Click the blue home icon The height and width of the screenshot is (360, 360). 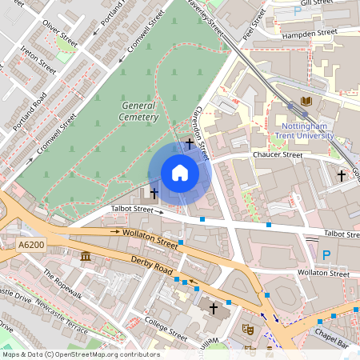click(180, 173)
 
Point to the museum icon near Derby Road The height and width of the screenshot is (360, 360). click(86, 256)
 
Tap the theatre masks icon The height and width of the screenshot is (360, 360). click(248, 328)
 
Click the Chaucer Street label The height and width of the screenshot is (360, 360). click(278, 154)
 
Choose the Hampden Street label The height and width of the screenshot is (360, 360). click(311, 34)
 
